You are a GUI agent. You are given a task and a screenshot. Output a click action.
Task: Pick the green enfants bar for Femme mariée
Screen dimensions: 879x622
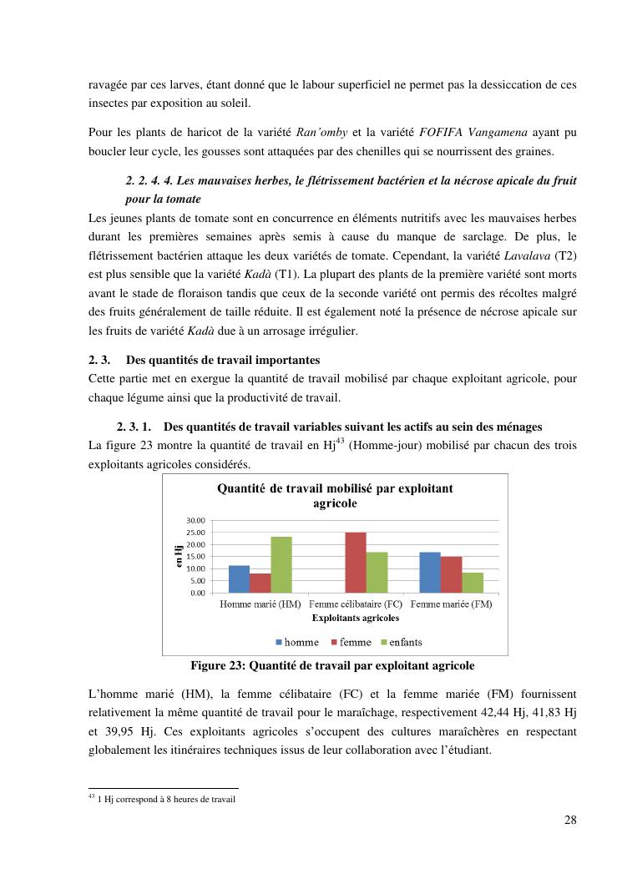[473, 582]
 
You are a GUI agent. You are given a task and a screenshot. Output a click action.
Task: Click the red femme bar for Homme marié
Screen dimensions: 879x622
[260, 583]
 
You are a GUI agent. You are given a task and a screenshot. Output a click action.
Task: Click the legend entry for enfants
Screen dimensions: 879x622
[400, 642]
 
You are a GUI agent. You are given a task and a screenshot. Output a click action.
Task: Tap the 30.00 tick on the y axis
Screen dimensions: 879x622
[195, 520]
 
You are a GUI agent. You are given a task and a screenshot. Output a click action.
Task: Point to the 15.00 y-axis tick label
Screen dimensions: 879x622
[195, 557]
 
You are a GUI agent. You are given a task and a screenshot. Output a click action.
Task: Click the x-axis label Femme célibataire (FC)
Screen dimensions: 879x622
[355, 604]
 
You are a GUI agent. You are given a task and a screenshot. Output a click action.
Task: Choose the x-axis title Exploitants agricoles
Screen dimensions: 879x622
[355, 619]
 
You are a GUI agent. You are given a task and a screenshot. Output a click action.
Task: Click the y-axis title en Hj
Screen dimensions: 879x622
[179, 556]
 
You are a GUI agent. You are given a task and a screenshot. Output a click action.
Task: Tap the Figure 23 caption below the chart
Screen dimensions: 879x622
[332, 666]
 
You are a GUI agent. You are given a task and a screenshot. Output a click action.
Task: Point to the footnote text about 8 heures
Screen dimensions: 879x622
[166, 800]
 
